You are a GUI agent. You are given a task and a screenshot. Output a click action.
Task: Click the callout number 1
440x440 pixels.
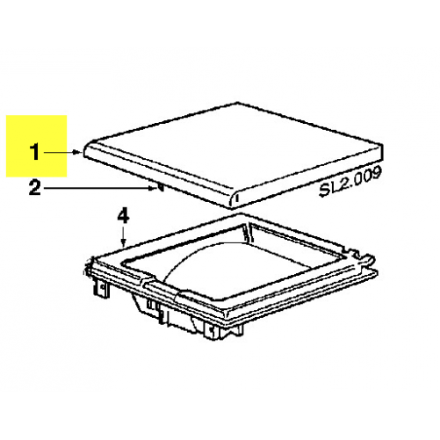[x=34, y=152]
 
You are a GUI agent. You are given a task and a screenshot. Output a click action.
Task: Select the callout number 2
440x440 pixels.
[x=34, y=188]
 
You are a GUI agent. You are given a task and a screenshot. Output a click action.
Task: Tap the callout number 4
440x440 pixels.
[x=123, y=216]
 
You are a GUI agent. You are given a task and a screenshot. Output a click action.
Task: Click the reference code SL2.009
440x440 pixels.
[x=350, y=182]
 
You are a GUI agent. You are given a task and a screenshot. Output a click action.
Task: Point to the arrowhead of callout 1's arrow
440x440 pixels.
[x=77, y=152]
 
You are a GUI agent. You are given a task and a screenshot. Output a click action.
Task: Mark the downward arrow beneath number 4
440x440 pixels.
[x=124, y=237]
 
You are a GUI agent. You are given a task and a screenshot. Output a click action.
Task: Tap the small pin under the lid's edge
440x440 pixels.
[x=161, y=187]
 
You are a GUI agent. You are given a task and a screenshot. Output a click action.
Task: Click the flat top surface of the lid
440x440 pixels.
[x=234, y=148]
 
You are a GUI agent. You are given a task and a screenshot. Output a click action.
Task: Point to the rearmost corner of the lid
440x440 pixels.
[x=238, y=103]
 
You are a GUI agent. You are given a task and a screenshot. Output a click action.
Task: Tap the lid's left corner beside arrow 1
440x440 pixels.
[x=86, y=150]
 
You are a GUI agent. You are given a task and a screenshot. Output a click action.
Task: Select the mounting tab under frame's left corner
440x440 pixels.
[x=100, y=289]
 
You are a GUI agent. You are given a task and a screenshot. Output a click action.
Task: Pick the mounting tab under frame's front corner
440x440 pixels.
[x=212, y=331]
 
